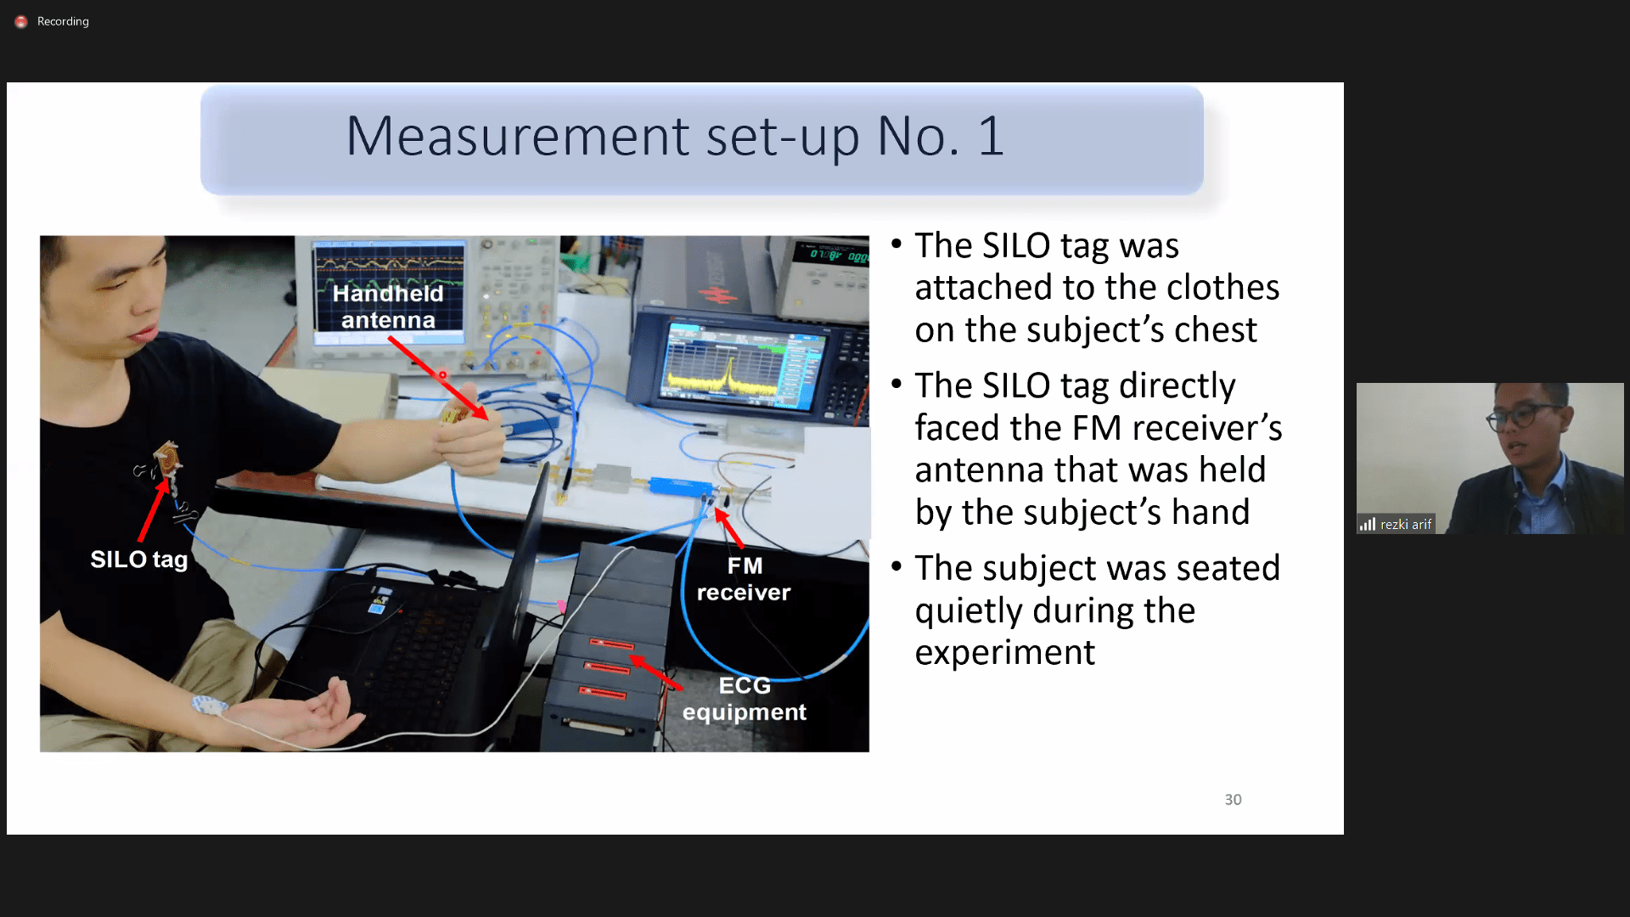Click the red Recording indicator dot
pos(21,21)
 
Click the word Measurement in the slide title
pos(518,136)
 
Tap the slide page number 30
pos(1233,799)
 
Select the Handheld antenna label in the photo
pos(388,307)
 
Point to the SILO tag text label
pos(139,560)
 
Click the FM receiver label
pos(744,579)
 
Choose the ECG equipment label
pos(745,699)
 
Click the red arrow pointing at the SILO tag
pos(154,509)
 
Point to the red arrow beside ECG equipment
pos(655,672)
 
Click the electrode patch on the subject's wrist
pos(208,706)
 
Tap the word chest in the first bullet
pos(1215,329)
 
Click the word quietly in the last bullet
pos(969,611)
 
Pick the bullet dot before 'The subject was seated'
pos(896,566)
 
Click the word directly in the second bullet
pos(1177,387)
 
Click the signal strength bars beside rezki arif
pos(1367,524)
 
